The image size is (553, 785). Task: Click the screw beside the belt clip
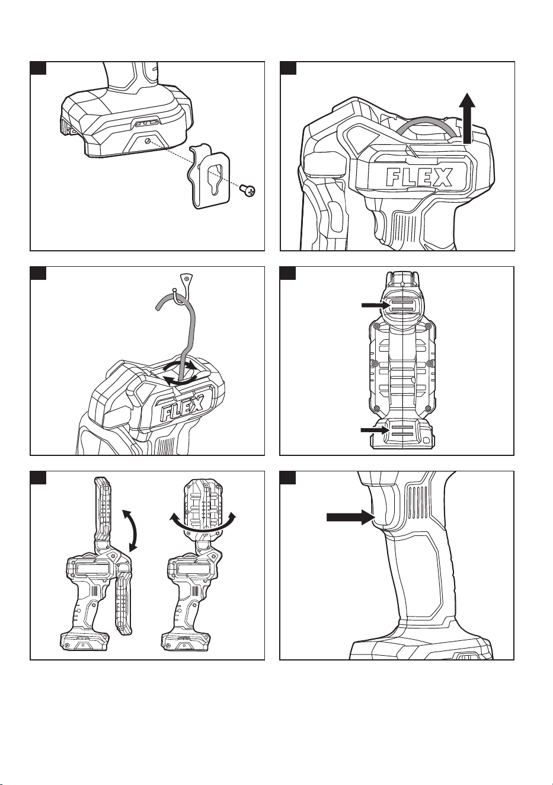pos(248,190)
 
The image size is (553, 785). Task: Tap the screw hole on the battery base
pos(148,141)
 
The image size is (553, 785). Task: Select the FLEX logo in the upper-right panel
pos(419,177)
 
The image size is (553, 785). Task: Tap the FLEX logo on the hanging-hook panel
pos(182,408)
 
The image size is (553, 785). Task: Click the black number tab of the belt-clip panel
pos(38,68)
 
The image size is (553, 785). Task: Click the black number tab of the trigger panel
pos(287,478)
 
